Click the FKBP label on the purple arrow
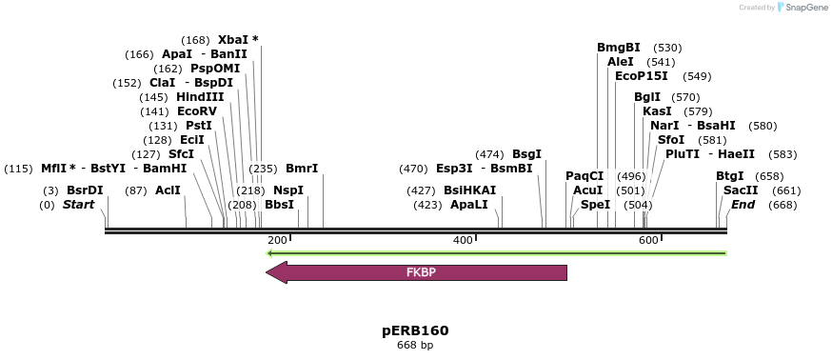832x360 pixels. (421, 272)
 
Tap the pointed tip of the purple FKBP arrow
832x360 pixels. (267, 273)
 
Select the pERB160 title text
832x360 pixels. (415, 330)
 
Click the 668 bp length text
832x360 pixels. (415, 346)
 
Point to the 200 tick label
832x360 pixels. (277, 240)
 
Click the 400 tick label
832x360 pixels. (463, 240)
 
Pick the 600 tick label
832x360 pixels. (648, 240)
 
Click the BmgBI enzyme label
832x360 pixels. (619, 48)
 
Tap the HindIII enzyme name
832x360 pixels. (200, 97)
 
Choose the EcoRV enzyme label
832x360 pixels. (197, 111)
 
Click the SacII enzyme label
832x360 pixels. (741, 190)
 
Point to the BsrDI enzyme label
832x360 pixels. (85, 190)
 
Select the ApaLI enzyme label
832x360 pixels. (469, 205)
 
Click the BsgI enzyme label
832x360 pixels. (526, 154)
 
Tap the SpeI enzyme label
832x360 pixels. (595, 205)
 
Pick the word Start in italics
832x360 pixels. (81, 205)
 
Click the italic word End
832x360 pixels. (743, 205)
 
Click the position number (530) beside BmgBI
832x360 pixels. (667, 48)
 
